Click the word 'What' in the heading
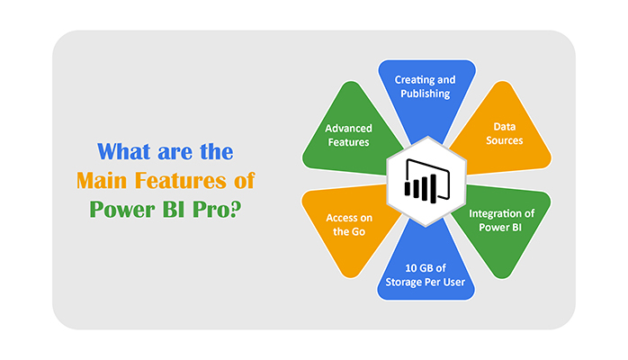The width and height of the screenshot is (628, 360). click(125, 150)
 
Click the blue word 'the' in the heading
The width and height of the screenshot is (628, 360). click(214, 150)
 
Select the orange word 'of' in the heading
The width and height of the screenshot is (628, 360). click(243, 180)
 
